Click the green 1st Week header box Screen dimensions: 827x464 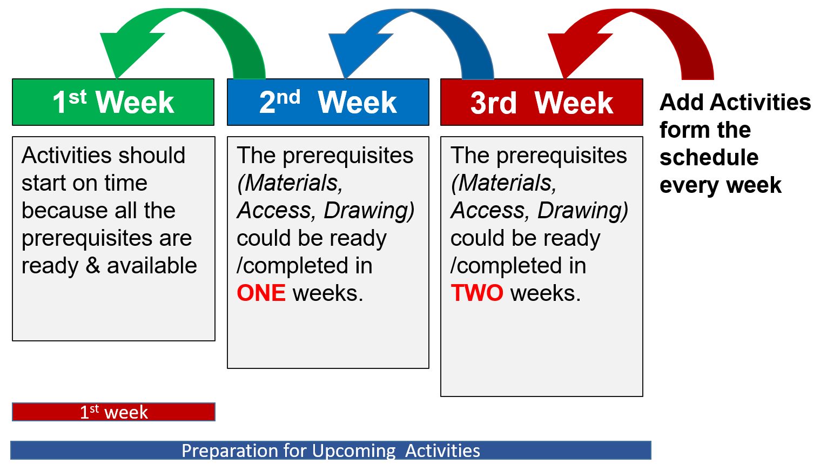113,102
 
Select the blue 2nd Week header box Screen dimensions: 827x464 328,102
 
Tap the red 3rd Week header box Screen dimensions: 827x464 542,102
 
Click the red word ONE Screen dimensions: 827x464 261,293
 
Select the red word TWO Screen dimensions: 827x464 477,293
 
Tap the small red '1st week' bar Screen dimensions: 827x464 114,412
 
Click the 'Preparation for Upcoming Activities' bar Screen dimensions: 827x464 331,450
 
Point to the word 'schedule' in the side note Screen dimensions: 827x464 709,157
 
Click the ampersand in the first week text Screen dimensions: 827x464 93,265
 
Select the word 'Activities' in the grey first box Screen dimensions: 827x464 67,155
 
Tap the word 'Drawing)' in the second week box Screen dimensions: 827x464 369,211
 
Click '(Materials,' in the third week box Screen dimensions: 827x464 503,183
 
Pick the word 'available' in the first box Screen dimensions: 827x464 152,265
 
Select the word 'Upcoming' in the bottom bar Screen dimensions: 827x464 354,451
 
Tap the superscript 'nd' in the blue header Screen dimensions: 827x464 288,97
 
